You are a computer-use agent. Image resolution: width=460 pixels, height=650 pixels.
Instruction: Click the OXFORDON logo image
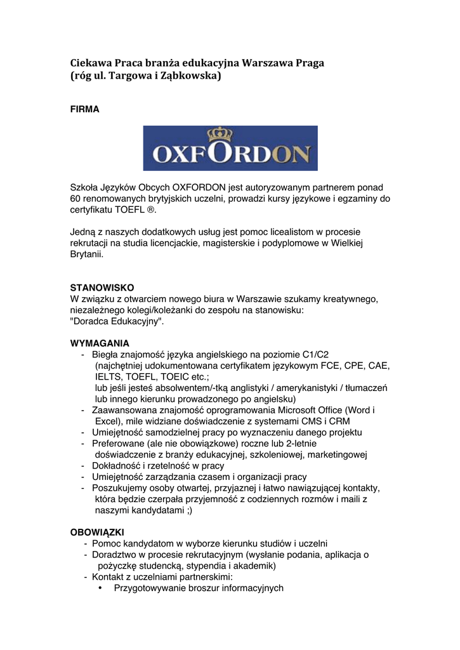(230, 148)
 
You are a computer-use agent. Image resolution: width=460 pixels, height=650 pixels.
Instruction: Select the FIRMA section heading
(84, 109)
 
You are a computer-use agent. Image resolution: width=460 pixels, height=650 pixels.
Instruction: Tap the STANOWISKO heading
(102, 288)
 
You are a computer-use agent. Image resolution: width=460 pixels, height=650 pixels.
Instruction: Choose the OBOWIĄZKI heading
(97, 531)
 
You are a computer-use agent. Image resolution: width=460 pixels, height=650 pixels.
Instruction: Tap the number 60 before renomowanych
(76, 199)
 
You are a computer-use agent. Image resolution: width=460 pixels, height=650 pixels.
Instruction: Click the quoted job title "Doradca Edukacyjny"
(117, 322)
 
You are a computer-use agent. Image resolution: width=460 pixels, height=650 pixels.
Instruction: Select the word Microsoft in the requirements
(287, 410)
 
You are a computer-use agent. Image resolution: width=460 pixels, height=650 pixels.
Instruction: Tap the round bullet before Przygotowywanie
(101, 588)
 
